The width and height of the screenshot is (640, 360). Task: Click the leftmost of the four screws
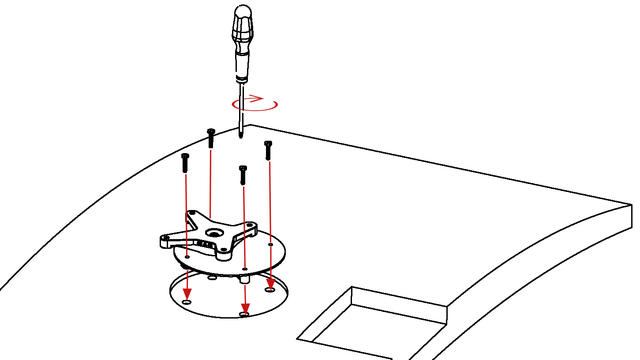[x=185, y=163]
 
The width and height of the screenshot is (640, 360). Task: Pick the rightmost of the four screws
[x=268, y=150]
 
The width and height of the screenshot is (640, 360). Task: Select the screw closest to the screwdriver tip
[x=211, y=138]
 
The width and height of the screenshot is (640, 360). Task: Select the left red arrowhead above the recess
[x=187, y=293]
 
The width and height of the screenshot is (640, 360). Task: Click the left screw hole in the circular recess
[x=187, y=302]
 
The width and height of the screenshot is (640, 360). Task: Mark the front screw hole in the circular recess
[x=244, y=314]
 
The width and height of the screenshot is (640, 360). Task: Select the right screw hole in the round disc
[x=270, y=244]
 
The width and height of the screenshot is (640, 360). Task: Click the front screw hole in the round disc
[x=245, y=269]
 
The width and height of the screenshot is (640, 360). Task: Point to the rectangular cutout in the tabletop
[x=375, y=326]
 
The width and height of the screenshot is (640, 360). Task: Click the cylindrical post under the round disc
[x=244, y=279]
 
